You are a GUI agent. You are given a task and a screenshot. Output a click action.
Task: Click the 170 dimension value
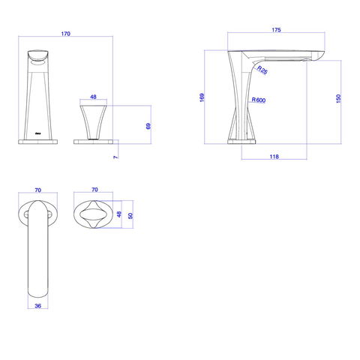pos(66,34)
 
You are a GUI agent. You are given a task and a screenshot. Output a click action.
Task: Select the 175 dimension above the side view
pos(276,30)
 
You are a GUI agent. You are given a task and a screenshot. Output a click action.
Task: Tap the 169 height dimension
pos(202,97)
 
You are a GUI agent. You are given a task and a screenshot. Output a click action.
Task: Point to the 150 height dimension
pos(338,98)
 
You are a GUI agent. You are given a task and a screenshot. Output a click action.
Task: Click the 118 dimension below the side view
pos(274,157)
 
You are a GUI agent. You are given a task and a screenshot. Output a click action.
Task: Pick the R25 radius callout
pos(262,70)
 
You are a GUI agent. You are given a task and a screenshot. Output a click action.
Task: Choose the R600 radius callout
pos(259,100)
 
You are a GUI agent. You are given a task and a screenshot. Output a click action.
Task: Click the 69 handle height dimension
pos(148,126)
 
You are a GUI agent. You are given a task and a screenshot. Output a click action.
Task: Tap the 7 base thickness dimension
pos(115,157)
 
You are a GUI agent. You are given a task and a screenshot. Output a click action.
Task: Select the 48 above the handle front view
pos(93,97)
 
